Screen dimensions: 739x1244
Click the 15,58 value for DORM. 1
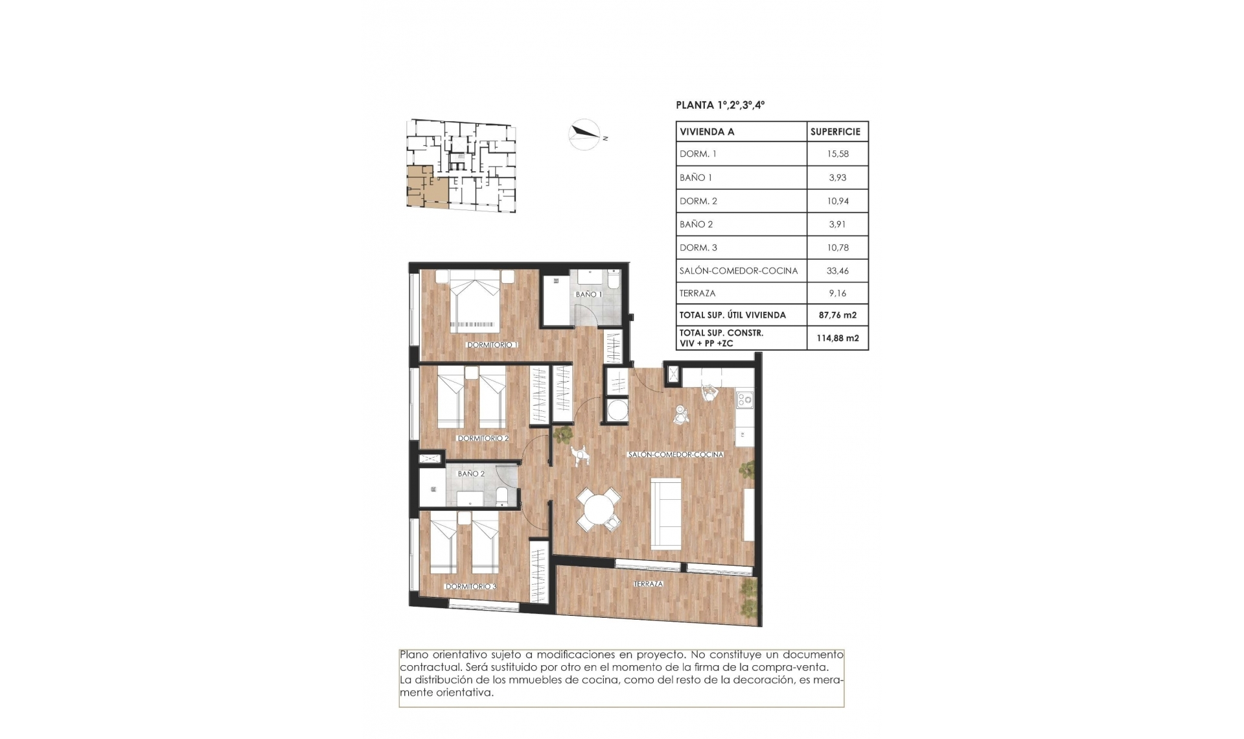point(837,154)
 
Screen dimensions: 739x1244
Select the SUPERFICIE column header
point(835,132)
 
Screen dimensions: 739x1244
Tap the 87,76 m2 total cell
point(837,315)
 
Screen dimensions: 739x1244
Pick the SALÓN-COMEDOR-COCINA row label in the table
point(739,271)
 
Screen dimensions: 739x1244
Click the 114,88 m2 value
point(837,338)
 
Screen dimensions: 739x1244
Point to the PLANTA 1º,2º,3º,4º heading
point(720,105)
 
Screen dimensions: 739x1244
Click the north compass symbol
point(584,134)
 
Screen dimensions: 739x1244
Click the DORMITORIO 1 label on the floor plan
point(492,345)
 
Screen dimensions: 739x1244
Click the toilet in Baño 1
point(614,279)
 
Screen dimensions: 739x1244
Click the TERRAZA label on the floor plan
point(649,584)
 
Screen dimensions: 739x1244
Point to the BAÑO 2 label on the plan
point(471,474)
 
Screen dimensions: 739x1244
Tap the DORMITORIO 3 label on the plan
point(470,587)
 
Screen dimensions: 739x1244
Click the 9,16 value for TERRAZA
point(837,294)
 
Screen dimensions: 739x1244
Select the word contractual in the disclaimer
point(430,667)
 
